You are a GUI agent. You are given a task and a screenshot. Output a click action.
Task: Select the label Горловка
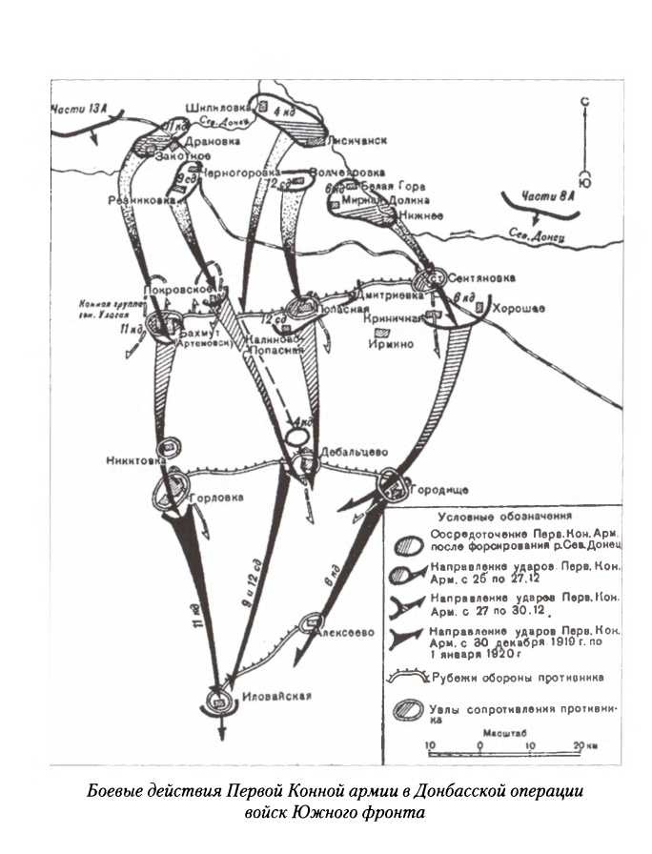tap(217, 498)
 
